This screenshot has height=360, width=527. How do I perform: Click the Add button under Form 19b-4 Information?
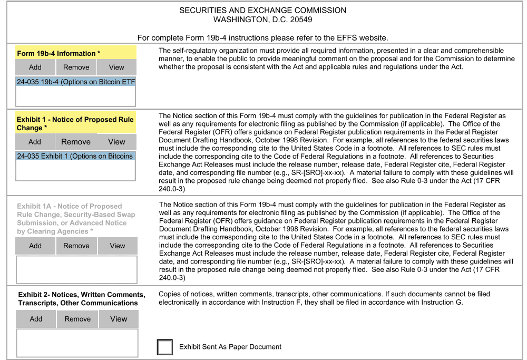[35, 67]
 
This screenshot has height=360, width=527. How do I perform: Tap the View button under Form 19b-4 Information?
[116, 67]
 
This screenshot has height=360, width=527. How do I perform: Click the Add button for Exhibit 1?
[35, 142]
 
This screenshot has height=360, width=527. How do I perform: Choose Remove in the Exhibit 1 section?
[76, 142]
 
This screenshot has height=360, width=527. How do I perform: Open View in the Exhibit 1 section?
[116, 142]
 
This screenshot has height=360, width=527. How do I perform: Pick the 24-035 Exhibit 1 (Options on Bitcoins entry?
[75, 156]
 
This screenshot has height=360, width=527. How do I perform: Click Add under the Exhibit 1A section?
[35, 246]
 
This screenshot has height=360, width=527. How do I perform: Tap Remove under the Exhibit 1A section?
[76, 246]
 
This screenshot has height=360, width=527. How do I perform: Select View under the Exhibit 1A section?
[118, 246]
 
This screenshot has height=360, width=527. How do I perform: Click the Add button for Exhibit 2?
[36, 319]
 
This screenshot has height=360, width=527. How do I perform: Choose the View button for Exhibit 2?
[119, 319]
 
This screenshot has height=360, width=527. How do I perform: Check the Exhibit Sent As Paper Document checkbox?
[165, 347]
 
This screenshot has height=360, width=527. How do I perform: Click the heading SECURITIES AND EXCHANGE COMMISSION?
[263, 11]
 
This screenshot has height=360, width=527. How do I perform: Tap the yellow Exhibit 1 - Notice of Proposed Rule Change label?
[75, 123]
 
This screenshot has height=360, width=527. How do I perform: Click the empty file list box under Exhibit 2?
[77, 343]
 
